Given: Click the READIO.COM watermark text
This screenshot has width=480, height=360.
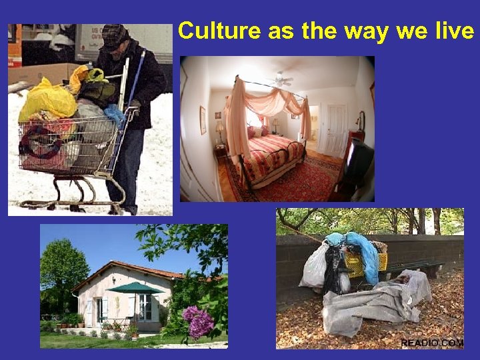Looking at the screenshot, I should point(431,343).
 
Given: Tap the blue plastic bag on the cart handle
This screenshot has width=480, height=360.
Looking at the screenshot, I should point(115,115).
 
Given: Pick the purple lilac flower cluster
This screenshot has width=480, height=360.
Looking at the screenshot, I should point(199,321).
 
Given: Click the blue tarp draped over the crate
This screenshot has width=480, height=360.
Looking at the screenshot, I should point(364,250).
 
